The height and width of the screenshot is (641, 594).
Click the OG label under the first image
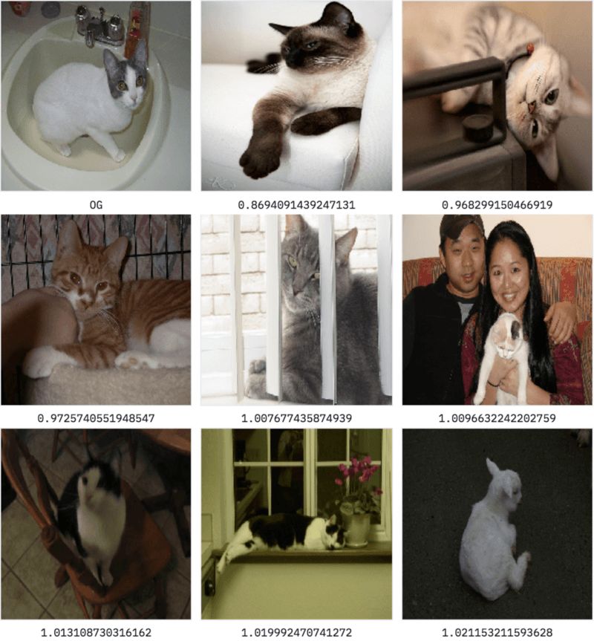[x=96, y=205]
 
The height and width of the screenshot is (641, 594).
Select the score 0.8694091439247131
[x=296, y=205]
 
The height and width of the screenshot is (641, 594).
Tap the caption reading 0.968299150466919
[x=497, y=205]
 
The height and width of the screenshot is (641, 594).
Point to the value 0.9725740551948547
[x=96, y=418]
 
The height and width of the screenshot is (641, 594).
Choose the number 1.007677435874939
[x=296, y=418]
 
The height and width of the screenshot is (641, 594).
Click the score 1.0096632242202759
[x=497, y=418]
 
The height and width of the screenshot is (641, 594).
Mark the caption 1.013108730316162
[x=96, y=632]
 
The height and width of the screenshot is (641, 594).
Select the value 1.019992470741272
[x=296, y=632]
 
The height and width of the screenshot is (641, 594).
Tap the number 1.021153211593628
[x=497, y=632]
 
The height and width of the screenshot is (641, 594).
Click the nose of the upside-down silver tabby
[x=530, y=108]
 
